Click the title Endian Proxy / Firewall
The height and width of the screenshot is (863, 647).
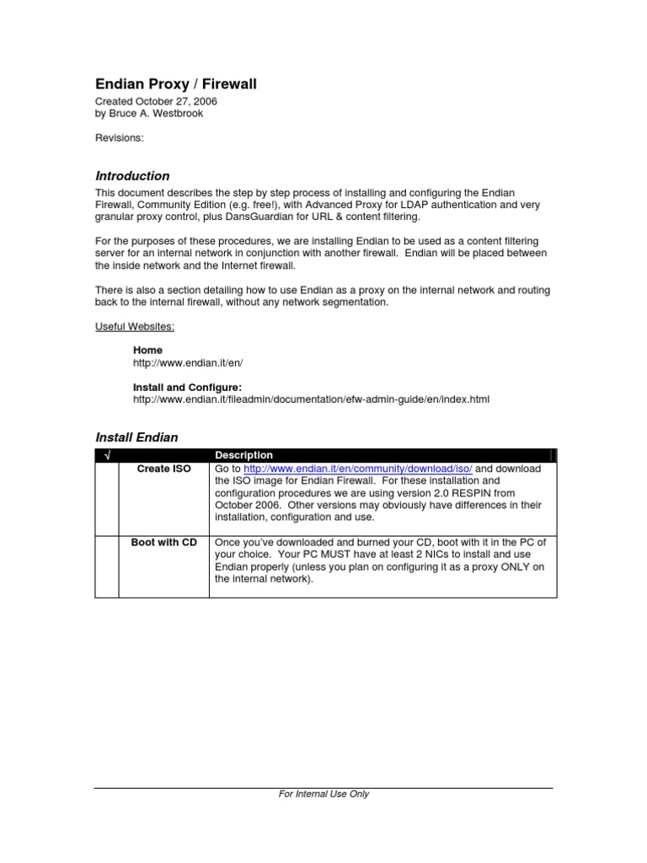[175, 83]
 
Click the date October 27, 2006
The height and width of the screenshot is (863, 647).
[182, 101]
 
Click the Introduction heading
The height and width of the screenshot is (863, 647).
[132, 176]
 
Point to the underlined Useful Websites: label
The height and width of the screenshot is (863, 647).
[135, 326]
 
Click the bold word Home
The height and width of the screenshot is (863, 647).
[148, 350]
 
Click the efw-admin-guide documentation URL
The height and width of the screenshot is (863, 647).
[311, 399]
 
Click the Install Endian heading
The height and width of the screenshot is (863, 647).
[136, 437]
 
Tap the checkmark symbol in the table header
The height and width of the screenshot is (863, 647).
[107, 455]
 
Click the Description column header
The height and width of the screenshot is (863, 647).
[244, 455]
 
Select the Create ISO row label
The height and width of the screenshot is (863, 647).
[164, 469]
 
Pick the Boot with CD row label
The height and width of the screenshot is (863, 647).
[164, 543]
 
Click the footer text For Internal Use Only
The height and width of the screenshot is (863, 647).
[323, 794]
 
